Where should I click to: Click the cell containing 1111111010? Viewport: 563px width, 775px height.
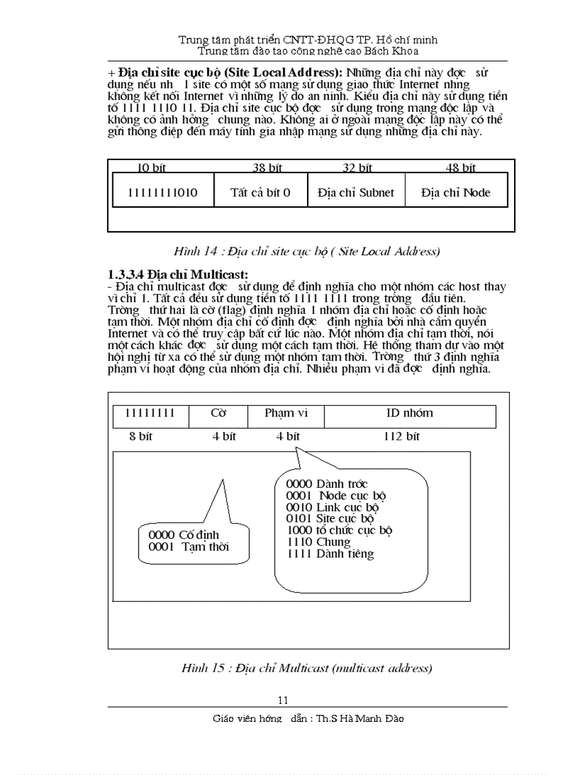pyautogui.click(x=163, y=193)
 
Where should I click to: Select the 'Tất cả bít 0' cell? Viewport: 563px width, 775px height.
pyautogui.click(x=260, y=193)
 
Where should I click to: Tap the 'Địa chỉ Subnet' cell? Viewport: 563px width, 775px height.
pyautogui.click(x=356, y=193)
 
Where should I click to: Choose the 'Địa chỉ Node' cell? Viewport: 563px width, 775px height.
pyautogui.click(x=455, y=193)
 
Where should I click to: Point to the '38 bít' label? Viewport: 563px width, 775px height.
pyautogui.click(x=267, y=168)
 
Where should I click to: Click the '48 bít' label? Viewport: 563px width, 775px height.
pyautogui.click(x=460, y=168)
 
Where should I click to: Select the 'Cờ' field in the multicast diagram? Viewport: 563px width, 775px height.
pyautogui.click(x=219, y=413)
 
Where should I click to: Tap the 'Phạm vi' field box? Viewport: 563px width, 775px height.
pyautogui.click(x=286, y=413)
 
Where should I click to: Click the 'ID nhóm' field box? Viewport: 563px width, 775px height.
pyautogui.click(x=410, y=413)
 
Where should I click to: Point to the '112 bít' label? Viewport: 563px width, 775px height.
pyautogui.click(x=402, y=436)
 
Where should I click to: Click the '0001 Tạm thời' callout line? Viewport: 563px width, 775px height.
pyautogui.click(x=188, y=547)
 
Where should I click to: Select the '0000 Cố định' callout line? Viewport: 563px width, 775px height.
pyautogui.click(x=184, y=535)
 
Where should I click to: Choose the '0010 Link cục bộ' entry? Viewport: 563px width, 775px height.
pyautogui.click(x=332, y=507)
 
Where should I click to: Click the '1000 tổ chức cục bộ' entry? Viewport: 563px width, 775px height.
pyautogui.click(x=340, y=531)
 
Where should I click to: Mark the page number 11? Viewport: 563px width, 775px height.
pyautogui.click(x=283, y=700)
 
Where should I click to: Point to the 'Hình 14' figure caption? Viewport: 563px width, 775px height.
pyautogui.click(x=306, y=251)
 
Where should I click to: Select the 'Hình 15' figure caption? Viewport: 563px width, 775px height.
pyautogui.click(x=307, y=668)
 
